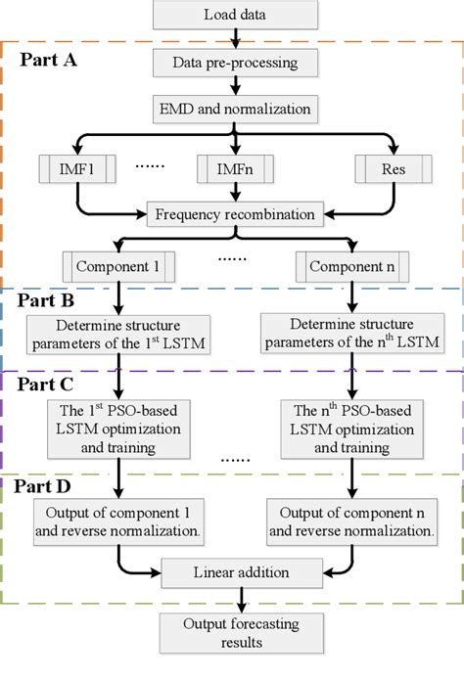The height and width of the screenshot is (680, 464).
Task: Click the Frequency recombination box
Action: [x=235, y=214]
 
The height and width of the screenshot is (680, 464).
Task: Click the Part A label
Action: [x=49, y=60]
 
